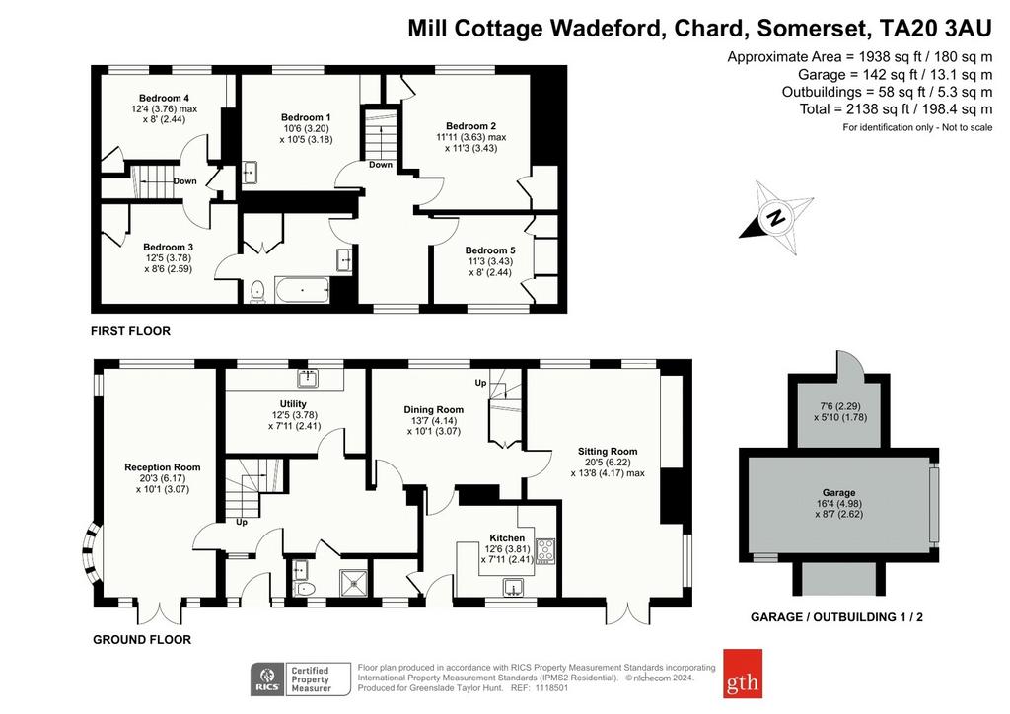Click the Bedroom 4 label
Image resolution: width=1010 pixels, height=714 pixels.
tap(165, 98)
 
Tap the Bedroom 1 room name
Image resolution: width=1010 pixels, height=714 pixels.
tap(306, 117)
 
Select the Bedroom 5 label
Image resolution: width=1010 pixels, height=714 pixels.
tap(490, 250)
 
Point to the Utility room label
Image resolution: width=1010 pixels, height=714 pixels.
tap(293, 403)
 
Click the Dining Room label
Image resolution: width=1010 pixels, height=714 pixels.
tap(434, 409)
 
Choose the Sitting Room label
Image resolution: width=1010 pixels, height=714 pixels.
tap(608, 452)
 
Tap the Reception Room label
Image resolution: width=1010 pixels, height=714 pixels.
tap(163, 467)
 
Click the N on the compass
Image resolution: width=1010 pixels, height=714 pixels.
tap(777, 217)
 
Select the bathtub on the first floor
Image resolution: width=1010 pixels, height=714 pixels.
tap(302, 290)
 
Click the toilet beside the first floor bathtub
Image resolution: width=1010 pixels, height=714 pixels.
tap(257, 291)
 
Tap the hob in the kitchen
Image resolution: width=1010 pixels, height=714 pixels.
tap(545, 551)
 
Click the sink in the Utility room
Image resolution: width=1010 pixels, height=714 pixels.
tap(309, 378)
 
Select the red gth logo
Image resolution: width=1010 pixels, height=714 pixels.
tap(743, 674)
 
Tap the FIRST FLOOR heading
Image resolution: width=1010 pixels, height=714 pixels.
tap(131, 331)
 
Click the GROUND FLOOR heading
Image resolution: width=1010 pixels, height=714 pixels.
tap(142, 639)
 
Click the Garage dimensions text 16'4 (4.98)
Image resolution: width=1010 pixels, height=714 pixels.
tap(838, 504)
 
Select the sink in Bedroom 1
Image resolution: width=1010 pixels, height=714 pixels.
tap(250, 173)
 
